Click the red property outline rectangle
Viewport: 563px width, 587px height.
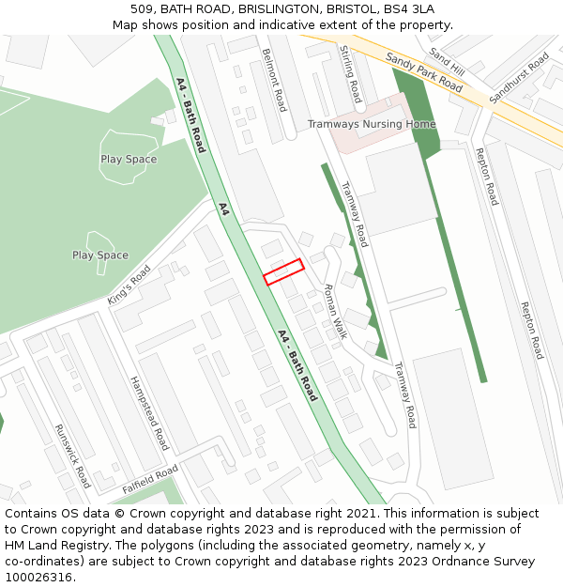tap(283, 271)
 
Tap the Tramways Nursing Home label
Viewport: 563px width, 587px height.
tap(372, 124)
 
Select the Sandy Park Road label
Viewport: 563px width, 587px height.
tap(424, 72)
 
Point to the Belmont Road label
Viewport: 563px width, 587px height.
tap(274, 80)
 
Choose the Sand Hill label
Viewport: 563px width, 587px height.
tap(447, 62)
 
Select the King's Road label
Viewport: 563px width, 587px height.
tap(129, 284)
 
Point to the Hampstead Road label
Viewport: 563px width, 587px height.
tap(149, 412)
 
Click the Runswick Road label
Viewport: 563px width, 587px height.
tap(72, 455)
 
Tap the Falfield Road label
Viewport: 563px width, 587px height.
tap(149, 480)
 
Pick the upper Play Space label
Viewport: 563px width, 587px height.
tap(129, 159)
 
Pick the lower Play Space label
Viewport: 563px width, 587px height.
tap(100, 255)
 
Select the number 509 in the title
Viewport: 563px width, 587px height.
tap(142, 9)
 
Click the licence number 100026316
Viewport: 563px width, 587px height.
tap(40, 577)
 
